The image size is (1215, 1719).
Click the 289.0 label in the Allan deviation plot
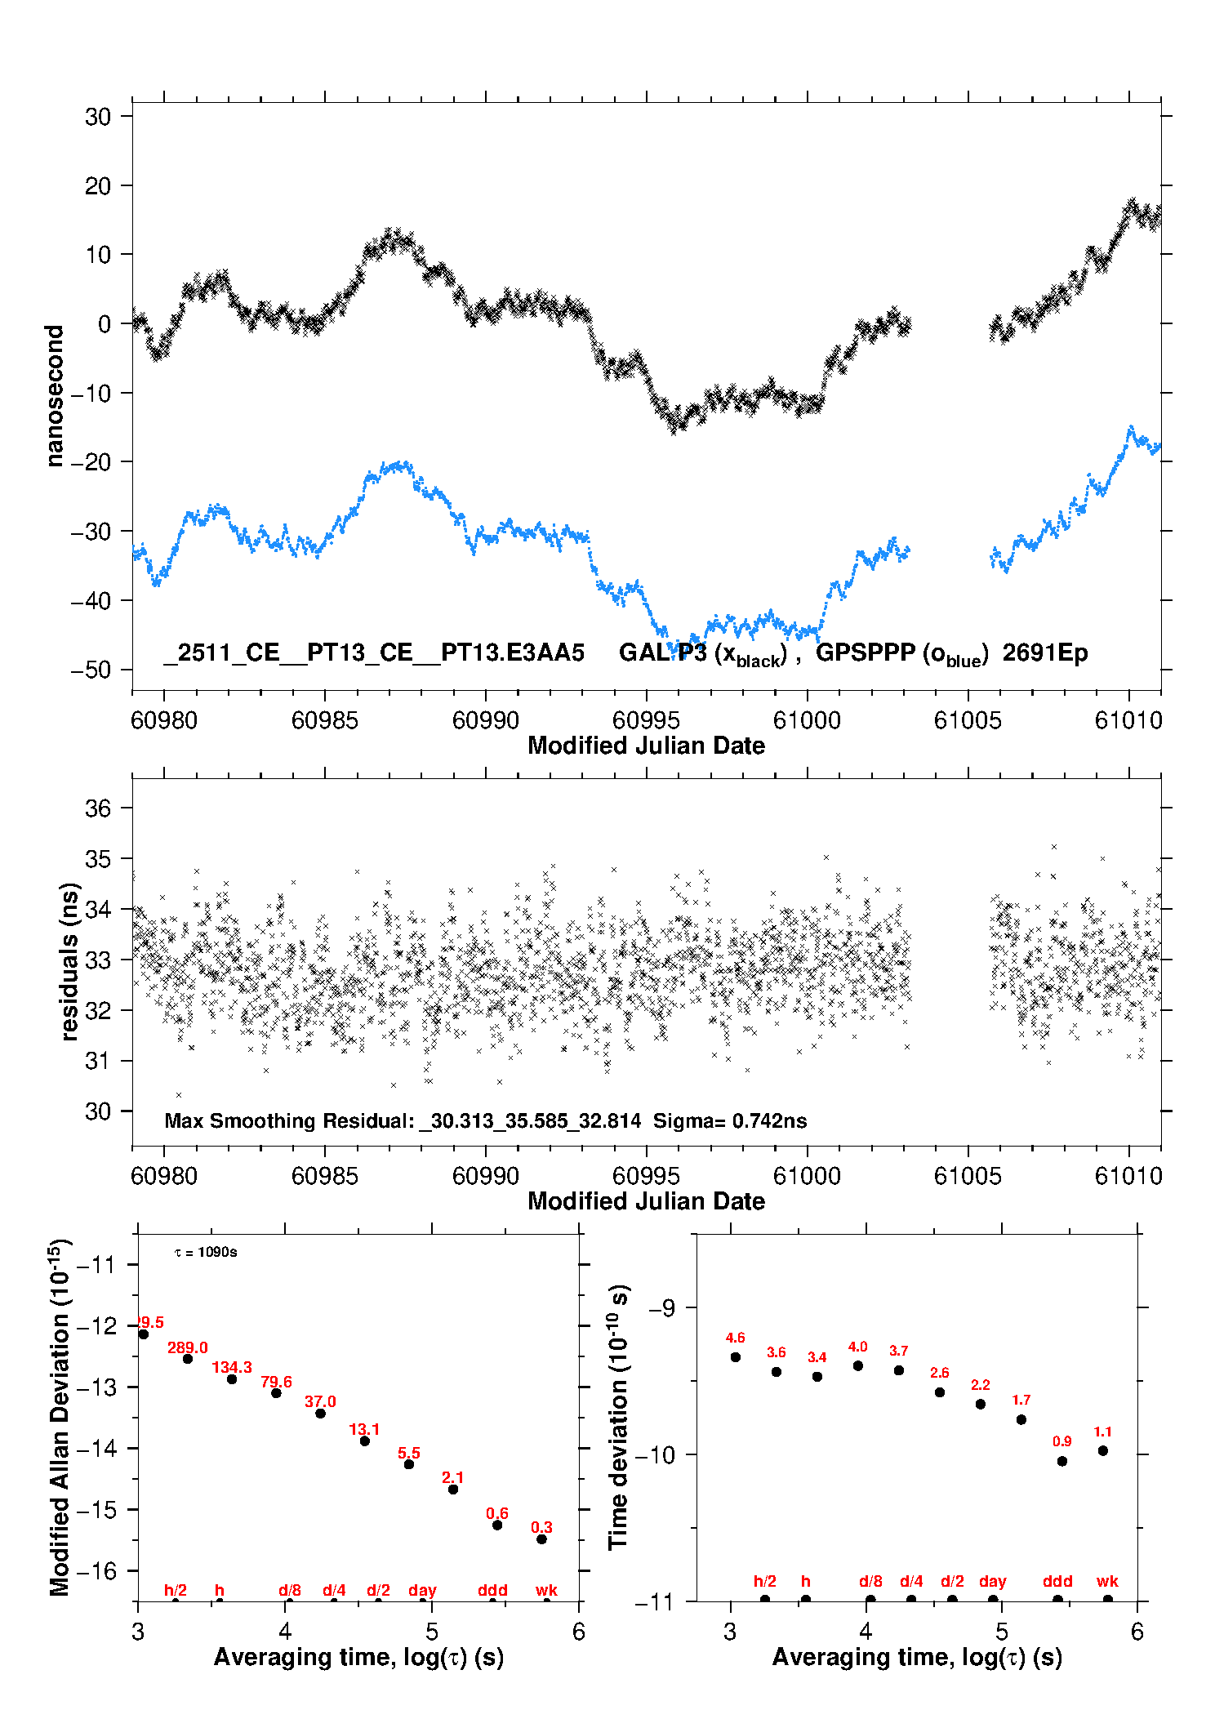[187, 1347]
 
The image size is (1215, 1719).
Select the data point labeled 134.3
[232, 1379]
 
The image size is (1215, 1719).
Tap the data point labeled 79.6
[276, 1392]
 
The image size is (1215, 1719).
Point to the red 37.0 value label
[320, 1401]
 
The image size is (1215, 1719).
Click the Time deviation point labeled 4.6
[736, 1357]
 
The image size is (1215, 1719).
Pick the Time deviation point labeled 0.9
[1062, 1461]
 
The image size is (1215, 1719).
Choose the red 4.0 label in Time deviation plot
[857, 1347]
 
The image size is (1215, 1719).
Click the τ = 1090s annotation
[206, 1253]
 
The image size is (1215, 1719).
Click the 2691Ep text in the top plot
[1044, 653]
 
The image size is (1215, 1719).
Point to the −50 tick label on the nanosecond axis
[91, 670]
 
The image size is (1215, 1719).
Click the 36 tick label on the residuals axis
[98, 808]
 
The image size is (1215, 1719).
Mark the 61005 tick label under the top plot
[968, 720]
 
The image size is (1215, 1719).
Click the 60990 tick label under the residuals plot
[485, 1176]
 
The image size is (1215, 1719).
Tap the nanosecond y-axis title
[55, 396]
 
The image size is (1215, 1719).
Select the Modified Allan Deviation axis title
[60, 1417]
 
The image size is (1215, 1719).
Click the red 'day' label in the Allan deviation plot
[422, 1590]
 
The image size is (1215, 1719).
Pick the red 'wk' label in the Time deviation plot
[1107, 1581]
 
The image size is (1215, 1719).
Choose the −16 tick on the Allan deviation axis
[97, 1570]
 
